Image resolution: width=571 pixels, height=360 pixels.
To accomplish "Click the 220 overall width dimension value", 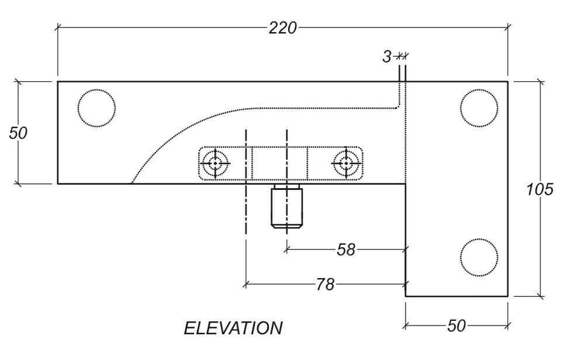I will pos(283,27).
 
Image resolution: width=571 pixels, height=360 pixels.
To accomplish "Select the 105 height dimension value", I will pos(540,189).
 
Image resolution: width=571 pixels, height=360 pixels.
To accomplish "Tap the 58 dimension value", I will pos(346,250).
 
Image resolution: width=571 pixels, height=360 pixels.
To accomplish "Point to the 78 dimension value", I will pos(325,285).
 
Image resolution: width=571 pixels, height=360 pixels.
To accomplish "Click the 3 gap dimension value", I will pos(387,57).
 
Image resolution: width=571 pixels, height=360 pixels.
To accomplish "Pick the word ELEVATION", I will pos(233,328).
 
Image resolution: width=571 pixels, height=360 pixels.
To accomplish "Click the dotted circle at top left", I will pos(97,108).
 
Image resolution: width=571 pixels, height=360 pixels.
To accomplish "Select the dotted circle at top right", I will pos(479,108).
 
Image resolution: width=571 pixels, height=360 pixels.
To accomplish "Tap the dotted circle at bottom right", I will pos(479,257).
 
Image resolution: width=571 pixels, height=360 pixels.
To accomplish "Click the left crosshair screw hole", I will pos(216,164).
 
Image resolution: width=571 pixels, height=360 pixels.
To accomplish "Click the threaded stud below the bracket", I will pos(286,206).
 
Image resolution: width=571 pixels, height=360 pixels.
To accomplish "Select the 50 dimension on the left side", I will pos(18,133).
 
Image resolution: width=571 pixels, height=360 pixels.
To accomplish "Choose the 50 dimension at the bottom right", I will pos(456,326).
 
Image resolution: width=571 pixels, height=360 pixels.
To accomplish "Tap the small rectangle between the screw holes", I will pos(279,164).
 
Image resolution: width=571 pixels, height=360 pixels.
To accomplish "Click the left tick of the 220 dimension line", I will pos(57,27).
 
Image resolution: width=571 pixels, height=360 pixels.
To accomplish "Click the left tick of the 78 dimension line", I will pos(246,285).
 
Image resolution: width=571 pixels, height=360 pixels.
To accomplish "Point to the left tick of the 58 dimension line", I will pos(286,250).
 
